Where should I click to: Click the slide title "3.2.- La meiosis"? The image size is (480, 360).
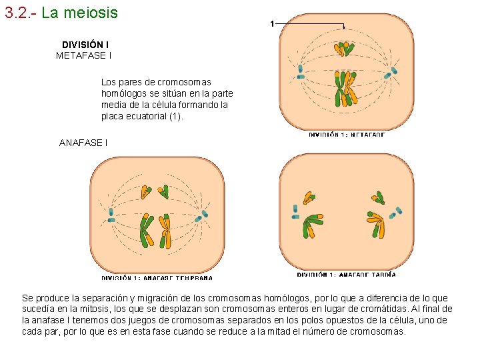pos(61,13)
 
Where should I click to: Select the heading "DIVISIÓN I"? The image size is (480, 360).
pos(86,45)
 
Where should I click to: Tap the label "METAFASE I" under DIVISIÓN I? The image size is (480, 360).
pos(83,55)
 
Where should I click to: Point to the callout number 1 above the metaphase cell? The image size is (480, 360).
pos(272,24)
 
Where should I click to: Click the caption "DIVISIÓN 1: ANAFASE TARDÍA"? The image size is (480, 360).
pos(347,274)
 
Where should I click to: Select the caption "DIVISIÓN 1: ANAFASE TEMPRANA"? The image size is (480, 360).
pos(157,277)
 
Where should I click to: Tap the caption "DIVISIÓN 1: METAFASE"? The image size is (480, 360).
pos(347,135)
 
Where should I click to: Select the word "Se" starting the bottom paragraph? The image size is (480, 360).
pos(27,298)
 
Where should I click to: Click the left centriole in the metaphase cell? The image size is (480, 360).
pos(301,72)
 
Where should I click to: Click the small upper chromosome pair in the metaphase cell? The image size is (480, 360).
pos(344,48)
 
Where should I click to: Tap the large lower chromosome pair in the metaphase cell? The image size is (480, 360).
pos(345,87)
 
